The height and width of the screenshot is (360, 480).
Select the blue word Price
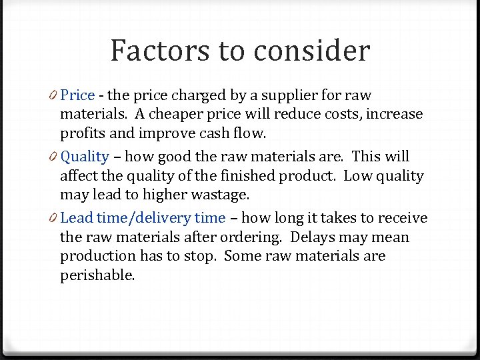click(77, 95)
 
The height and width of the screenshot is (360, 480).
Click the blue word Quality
click(85, 157)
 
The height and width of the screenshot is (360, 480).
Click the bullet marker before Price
click(54, 96)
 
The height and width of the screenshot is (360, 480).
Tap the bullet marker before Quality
click(54, 157)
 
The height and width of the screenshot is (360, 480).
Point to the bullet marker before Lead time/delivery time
click(54, 219)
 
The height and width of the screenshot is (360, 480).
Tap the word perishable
click(97, 275)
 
